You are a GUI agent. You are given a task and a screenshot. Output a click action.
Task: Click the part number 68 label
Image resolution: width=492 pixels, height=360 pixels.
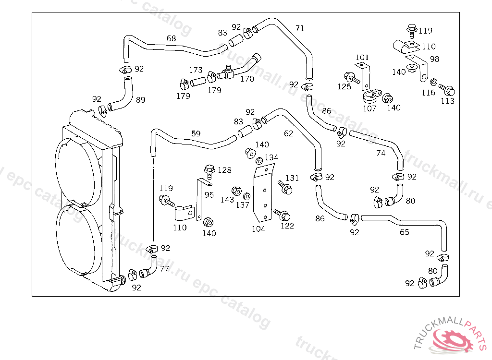point(172,38)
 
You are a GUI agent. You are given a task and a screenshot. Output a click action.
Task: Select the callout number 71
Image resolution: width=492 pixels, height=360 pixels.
point(300,28)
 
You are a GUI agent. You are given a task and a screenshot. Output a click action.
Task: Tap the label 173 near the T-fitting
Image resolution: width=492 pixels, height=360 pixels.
point(196,70)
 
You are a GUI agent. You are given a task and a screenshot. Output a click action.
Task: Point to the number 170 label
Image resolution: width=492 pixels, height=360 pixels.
point(247,79)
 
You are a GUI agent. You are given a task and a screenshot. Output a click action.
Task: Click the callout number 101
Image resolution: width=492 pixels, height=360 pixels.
point(362,58)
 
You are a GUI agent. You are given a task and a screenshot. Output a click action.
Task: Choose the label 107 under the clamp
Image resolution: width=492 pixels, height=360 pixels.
point(369,108)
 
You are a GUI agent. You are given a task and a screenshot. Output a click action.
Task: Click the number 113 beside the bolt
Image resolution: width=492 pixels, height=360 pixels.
point(447,101)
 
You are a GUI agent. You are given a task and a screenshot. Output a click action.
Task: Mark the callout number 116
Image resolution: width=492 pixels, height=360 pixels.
point(428,93)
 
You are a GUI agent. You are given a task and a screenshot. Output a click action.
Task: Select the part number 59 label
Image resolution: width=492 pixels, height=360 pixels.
point(196,133)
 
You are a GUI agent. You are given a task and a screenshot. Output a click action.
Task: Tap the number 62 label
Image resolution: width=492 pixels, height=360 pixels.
point(288,133)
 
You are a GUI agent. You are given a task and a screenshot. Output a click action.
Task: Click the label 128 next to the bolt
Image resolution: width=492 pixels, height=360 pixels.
point(225,170)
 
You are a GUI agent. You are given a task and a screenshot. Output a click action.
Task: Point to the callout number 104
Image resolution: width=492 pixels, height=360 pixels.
point(258,229)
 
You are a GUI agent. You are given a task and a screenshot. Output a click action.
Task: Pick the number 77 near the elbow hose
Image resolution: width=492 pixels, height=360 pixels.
point(164,269)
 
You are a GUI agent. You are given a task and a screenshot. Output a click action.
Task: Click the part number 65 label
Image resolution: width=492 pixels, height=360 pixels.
point(405,232)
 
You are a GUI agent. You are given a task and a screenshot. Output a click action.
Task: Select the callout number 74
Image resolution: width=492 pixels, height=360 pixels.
point(381,153)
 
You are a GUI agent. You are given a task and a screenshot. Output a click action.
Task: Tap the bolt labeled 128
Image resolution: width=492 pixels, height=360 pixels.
point(208,172)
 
